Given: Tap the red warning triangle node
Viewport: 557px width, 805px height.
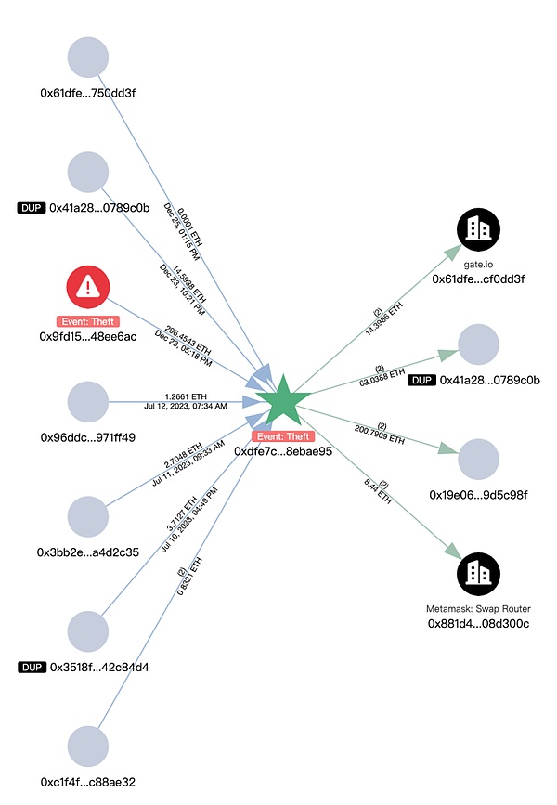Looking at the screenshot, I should [88, 287].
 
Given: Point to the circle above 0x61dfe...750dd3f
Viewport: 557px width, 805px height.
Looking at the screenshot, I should [88, 58].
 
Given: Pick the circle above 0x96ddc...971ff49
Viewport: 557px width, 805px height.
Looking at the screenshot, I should [88, 402].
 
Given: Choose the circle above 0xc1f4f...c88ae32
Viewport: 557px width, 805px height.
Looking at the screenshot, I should [88, 747].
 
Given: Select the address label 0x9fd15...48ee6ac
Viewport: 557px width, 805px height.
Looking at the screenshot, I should [88, 336].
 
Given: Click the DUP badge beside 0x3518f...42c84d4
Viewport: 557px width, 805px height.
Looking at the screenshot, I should [32, 667].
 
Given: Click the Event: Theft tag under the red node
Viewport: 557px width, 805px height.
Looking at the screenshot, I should [88, 320].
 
